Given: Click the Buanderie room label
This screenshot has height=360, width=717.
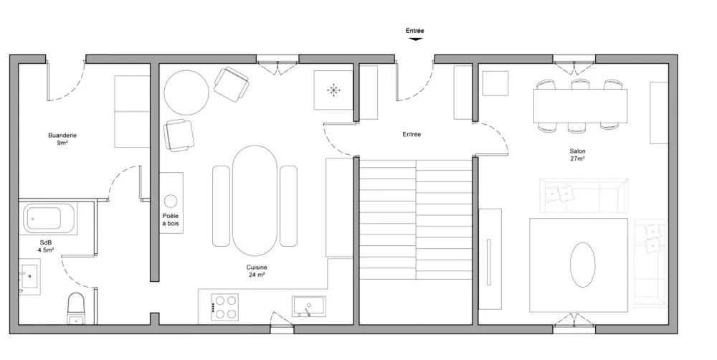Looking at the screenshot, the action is pyautogui.click(x=62, y=138).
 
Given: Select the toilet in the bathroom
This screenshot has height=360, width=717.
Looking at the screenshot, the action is pyautogui.click(x=77, y=308).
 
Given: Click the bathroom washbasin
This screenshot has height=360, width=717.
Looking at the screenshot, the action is pyautogui.click(x=29, y=277).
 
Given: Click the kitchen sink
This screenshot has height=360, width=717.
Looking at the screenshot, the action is pyautogui.click(x=308, y=306).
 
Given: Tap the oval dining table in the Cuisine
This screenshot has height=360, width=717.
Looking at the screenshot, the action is pyautogui.click(x=255, y=200).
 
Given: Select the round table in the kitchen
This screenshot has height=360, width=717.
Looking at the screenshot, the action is pyautogui.click(x=186, y=93).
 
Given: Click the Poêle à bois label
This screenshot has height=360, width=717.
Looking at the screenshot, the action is pyautogui.click(x=171, y=219).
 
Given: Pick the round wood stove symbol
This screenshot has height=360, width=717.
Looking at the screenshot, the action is pyautogui.click(x=171, y=201).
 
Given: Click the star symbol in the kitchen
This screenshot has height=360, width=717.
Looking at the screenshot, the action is pyautogui.click(x=334, y=90).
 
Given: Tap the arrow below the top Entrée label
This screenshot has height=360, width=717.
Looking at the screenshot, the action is pyautogui.click(x=414, y=39).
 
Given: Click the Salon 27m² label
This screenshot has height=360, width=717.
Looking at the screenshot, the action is pyautogui.click(x=577, y=155).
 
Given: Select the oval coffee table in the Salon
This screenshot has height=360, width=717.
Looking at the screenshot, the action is pyautogui.click(x=582, y=265).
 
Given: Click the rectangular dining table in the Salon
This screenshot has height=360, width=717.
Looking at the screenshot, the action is pyautogui.click(x=580, y=105).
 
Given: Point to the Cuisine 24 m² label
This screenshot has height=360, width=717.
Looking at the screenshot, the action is pyautogui.click(x=257, y=271).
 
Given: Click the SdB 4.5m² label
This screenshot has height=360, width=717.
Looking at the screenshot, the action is pyautogui.click(x=46, y=247).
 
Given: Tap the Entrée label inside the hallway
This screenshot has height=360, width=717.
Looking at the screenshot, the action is pyautogui.click(x=412, y=135).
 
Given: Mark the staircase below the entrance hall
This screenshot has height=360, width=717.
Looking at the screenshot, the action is pyautogui.click(x=415, y=219).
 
